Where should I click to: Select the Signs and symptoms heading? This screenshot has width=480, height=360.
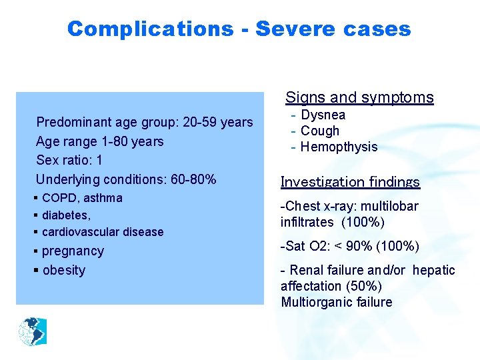coord(359,97)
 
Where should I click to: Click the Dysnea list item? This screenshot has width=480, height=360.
coord(323,115)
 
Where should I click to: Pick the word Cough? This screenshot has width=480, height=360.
coord(320,131)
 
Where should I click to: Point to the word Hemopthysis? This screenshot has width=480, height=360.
coord(339,147)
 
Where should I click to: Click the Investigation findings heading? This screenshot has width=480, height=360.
coord(350,182)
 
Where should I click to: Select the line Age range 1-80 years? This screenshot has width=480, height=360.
coord(99,141)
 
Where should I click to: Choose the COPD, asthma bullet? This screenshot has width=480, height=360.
coord(81,198)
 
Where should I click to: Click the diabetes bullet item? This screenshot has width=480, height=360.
coord(66,215)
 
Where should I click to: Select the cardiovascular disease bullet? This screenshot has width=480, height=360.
coord(102,232)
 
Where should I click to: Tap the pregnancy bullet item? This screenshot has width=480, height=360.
coord(73,251)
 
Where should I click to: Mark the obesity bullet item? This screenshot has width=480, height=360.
coord(63,270)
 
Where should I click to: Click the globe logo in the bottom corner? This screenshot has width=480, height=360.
coord(33,331)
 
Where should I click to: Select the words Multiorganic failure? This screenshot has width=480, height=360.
coord(337,302)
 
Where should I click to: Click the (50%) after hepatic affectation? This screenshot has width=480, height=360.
coord(361,286)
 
